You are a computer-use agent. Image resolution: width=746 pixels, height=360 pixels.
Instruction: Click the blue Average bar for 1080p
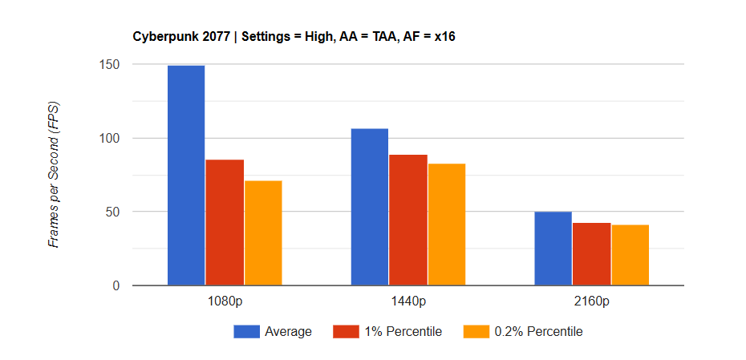point(186,176)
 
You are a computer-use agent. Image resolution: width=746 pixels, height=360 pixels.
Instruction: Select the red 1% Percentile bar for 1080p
point(225,222)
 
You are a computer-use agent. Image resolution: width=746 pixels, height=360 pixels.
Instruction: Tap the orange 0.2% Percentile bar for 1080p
point(263,233)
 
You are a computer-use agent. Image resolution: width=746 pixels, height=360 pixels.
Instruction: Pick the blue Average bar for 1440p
point(370,207)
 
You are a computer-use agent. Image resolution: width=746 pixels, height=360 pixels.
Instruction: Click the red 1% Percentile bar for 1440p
point(408,220)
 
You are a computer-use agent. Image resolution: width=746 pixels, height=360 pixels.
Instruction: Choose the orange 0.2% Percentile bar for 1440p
point(447,224)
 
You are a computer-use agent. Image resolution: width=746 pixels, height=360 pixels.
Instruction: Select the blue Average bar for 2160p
point(553,249)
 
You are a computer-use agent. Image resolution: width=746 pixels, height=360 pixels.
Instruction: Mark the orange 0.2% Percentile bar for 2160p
point(630,255)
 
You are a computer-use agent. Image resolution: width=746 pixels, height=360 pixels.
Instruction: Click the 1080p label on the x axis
point(225,301)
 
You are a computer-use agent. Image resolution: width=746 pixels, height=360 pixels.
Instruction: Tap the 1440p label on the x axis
point(408,301)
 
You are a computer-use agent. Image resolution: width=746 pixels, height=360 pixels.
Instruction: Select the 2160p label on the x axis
point(592,301)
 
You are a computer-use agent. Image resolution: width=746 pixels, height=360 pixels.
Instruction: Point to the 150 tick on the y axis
point(110,65)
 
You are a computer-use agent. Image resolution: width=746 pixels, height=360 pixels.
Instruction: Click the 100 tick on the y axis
point(110,139)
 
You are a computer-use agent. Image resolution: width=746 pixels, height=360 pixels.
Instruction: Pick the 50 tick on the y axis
point(113,212)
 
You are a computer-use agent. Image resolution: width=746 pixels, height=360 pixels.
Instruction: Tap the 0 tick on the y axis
point(116,285)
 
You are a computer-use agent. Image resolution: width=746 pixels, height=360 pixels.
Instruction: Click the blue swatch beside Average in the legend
point(246,332)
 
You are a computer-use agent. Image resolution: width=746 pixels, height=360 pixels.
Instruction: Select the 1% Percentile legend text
point(403,332)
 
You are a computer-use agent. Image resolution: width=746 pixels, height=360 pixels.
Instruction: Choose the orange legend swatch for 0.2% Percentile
point(476,332)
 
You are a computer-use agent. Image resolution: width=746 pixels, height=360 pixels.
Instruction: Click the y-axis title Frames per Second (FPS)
point(54,175)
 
